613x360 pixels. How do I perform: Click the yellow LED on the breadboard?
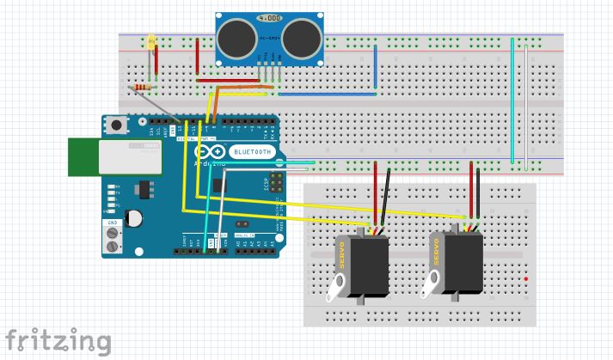[152, 41]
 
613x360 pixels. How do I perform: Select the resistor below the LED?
[143, 88]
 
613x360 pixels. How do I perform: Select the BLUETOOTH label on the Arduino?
[252, 152]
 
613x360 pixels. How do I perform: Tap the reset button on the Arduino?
[116, 126]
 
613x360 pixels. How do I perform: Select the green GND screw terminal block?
[113, 238]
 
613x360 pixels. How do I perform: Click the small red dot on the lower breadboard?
[525, 280]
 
